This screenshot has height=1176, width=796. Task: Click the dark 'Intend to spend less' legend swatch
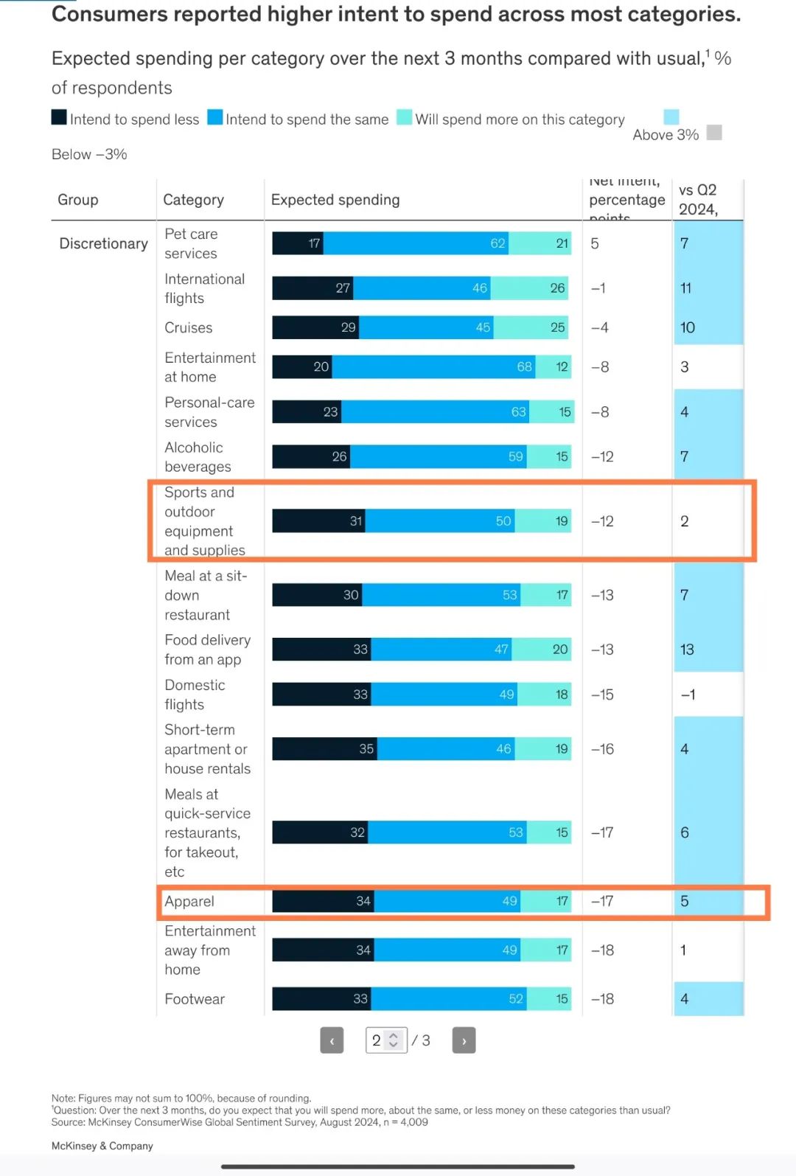59,117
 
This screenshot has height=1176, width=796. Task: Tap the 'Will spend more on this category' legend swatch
404,117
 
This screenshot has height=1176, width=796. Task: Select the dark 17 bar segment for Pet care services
298,243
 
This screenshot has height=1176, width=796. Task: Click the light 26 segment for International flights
531,288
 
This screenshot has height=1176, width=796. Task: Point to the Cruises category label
189,327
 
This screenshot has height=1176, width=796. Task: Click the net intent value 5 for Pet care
595,243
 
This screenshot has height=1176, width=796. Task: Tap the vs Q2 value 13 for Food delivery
687,650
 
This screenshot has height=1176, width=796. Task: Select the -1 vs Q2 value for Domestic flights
687,695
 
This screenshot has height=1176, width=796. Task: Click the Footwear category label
195,999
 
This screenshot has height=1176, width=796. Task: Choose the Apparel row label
189,901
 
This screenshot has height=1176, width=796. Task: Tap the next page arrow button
464,1040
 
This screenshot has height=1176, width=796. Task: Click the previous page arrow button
332,1040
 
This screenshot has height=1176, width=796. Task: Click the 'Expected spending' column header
335,200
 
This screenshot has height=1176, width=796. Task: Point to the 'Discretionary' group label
103,243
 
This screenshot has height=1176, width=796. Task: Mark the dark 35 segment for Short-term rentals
324,749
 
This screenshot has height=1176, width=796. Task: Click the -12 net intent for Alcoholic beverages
602,456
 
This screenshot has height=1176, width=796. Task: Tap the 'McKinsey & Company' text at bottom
102,1146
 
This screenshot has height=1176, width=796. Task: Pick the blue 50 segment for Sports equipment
439,521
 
